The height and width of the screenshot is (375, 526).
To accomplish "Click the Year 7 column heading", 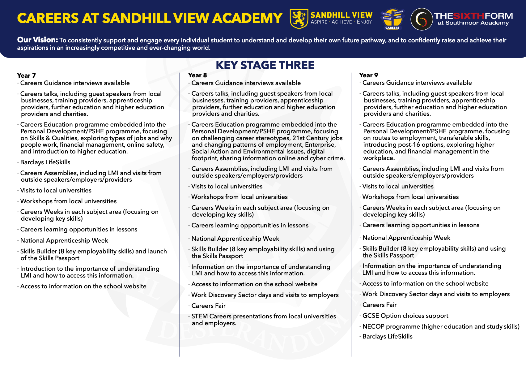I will (x=27, y=75).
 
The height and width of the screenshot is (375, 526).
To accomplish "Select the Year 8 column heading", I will (x=197, y=75).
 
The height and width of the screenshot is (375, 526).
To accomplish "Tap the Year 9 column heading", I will (x=368, y=75).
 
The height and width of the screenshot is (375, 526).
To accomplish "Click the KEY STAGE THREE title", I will (x=265, y=65).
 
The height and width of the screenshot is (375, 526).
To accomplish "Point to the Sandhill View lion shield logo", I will (x=299, y=19).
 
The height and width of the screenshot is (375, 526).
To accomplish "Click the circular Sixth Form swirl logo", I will (x=422, y=19).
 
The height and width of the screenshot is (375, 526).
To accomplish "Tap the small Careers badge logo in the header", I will (x=392, y=19).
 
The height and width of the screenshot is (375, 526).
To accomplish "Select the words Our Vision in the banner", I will (x=37, y=40).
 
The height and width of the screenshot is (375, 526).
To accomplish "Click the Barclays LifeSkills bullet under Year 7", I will (x=45, y=162).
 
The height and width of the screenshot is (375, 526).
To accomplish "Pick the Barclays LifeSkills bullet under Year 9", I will (x=387, y=336).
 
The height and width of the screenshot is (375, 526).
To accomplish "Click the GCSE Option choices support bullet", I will (x=405, y=316).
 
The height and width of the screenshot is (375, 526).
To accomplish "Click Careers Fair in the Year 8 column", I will (x=208, y=306).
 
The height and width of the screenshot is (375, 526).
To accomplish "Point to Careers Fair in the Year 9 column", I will (x=379, y=305).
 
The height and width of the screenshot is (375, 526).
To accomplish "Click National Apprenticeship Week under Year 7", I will (x=64, y=240).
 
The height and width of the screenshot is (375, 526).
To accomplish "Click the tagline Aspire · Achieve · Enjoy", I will (x=341, y=22).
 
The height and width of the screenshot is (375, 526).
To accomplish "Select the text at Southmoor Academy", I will (x=473, y=23).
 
